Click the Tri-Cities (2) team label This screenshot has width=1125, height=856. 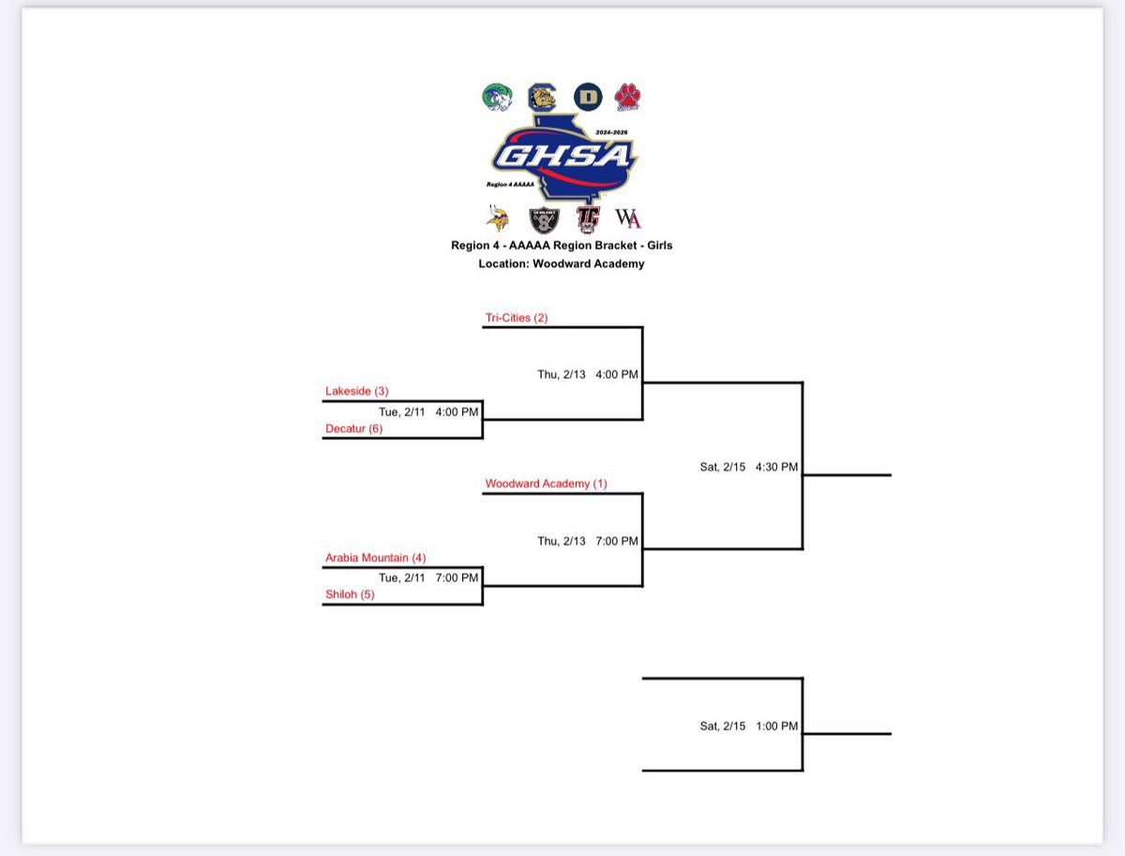(x=516, y=318)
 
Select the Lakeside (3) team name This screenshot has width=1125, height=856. (x=356, y=391)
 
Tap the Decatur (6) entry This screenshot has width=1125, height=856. (x=353, y=428)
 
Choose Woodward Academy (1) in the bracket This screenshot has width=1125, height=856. (x=546, y=484)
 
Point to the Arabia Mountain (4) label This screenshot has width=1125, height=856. (x=375, y=558)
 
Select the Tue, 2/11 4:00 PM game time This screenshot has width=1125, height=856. (x=428, y=411)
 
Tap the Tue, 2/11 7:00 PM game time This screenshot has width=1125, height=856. (x=428, y=578)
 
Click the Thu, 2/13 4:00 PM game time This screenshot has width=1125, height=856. (x=587, y=374)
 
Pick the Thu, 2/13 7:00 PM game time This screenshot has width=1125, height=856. (x=587, y=541)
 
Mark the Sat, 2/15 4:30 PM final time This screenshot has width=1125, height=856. (x=749, y=466)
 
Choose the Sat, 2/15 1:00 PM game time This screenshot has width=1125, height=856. (x=749, y=726)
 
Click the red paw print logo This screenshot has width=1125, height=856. (x=627, y=96)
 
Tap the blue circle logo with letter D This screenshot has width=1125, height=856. (x=587, y=96)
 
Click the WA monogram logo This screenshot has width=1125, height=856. (x=627, y=218)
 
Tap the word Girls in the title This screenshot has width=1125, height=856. (x=656, y=246)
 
